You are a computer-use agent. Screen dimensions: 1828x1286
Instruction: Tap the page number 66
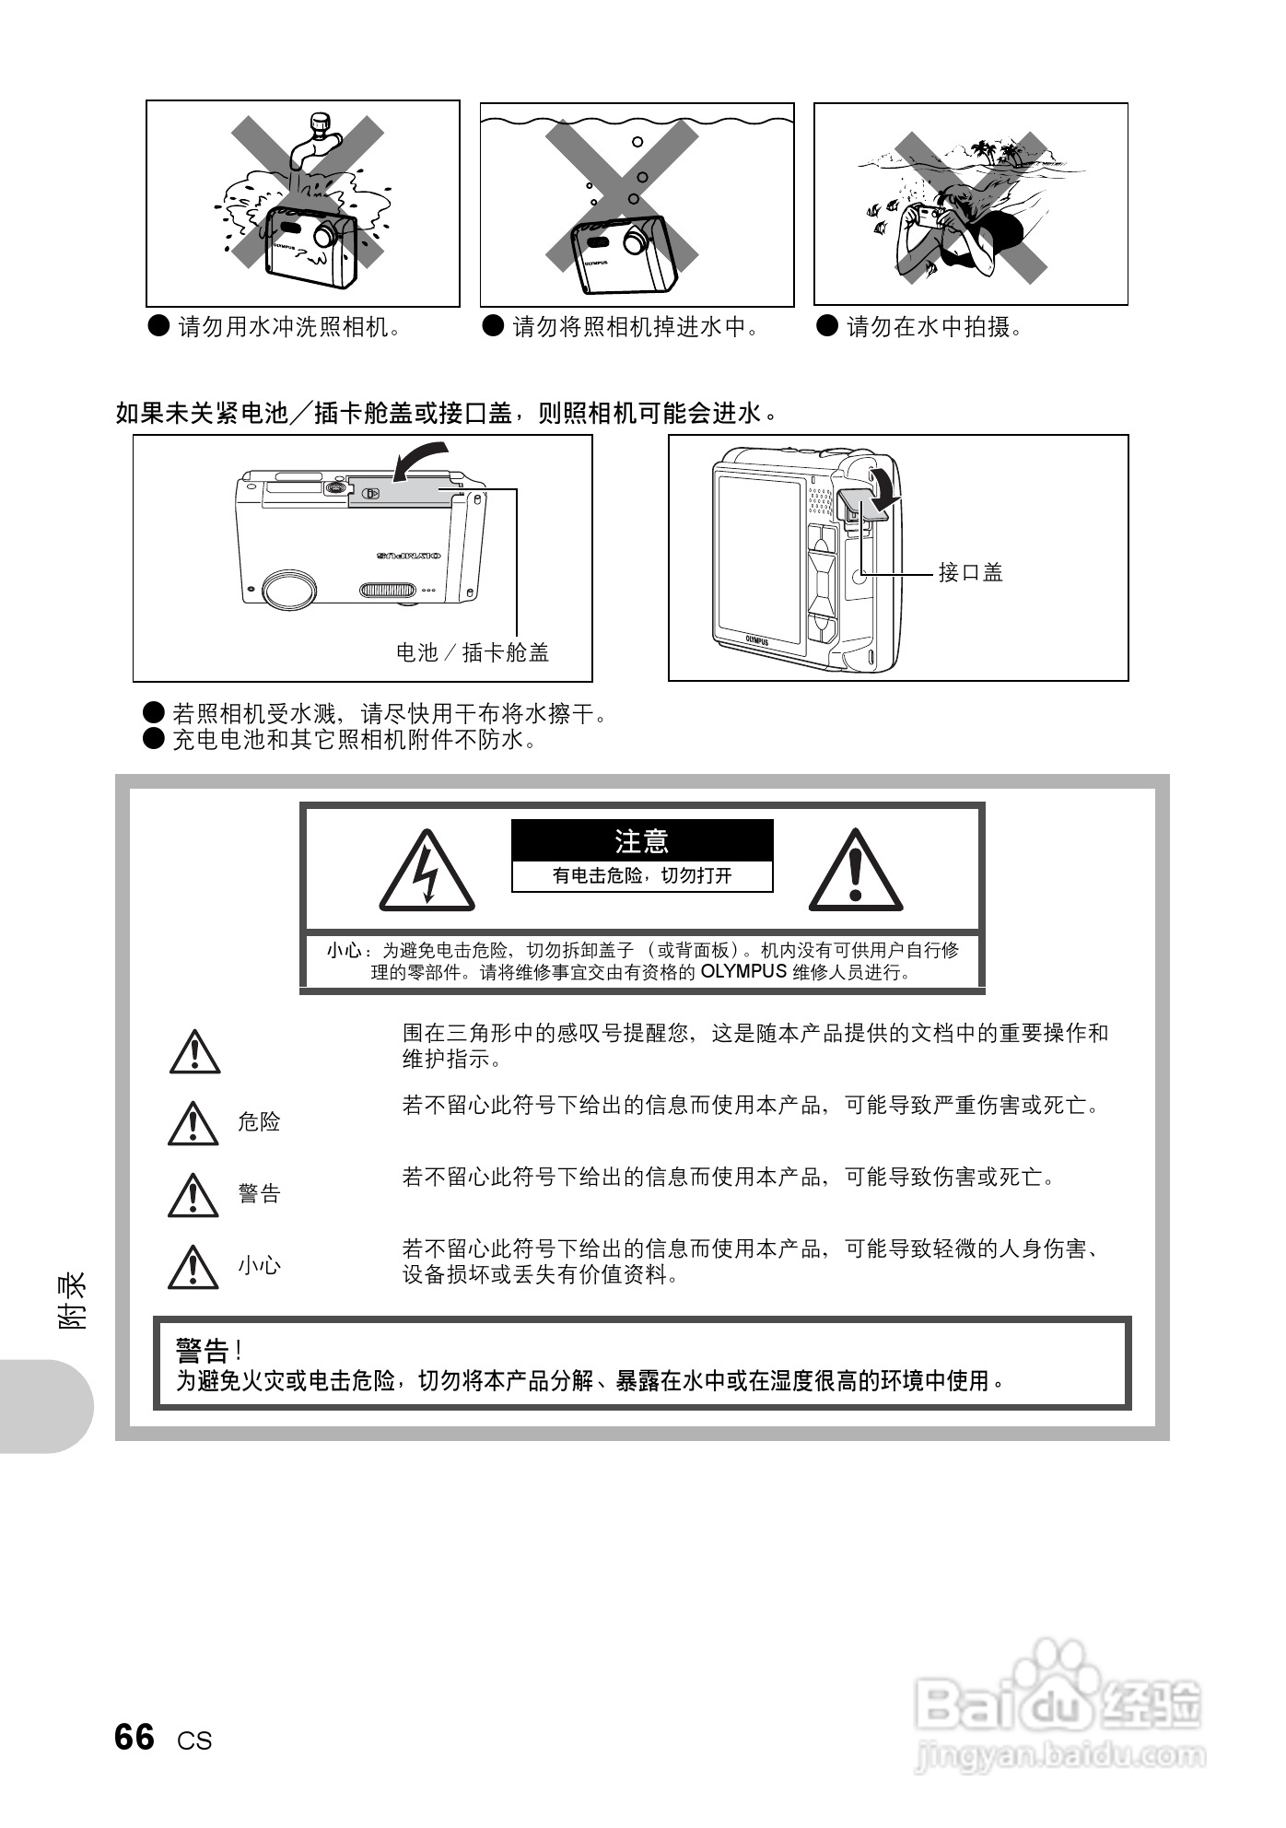134,1738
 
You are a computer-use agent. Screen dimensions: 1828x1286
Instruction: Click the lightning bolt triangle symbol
427,872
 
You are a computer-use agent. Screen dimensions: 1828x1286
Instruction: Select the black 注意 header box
642,840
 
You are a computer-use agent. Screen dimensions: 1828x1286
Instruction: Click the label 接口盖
970,572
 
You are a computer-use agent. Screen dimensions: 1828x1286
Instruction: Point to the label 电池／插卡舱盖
473,652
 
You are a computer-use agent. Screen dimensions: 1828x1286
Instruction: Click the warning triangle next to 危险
193,1122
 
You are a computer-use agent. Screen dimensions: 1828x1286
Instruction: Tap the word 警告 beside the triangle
259,1193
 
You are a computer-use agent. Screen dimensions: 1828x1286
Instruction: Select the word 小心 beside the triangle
259,1265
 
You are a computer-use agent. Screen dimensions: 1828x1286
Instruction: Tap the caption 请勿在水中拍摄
932,326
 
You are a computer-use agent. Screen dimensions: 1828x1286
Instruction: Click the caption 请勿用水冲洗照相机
288,326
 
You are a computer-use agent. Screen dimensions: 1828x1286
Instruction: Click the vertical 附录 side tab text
74,1299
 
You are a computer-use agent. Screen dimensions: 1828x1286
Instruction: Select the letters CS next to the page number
194,1740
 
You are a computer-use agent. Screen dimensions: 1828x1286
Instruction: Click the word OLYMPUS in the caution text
743,971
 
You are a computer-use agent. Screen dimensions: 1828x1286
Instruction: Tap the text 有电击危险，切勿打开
642,875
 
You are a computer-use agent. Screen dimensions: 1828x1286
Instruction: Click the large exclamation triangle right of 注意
856,872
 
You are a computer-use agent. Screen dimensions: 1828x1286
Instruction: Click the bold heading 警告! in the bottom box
208,1352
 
